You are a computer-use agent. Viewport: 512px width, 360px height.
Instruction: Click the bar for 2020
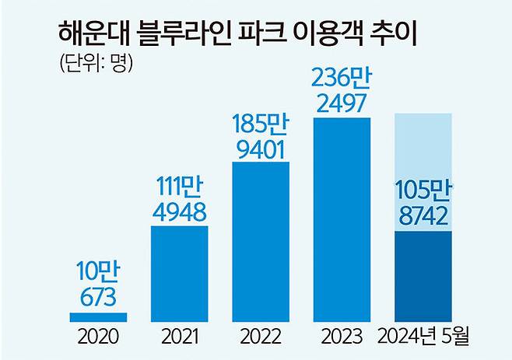98,317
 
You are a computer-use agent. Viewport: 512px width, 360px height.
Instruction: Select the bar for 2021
179,274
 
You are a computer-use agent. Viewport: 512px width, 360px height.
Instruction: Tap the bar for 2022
260,242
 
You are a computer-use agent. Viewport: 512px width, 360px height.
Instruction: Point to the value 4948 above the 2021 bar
179,212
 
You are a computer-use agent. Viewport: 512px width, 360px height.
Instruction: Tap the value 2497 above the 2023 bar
342,104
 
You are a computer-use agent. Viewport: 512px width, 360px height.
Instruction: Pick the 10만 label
98,273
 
